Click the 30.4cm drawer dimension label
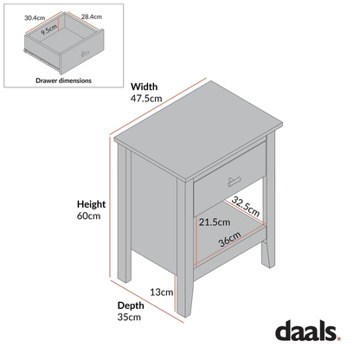(x=35, y=16)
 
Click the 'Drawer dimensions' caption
(x=64, y=80)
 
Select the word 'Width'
(x=144, y=86)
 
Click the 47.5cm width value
(x=146, y=99)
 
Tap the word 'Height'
(x=91, y=204)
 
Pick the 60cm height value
(x=89, y=217)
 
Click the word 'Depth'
(x=131, y=305)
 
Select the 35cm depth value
(x=129, y=318)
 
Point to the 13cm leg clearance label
(x=161, y=292)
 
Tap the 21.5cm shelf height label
(x=215, y=222)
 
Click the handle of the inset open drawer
(x=86, y=56)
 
